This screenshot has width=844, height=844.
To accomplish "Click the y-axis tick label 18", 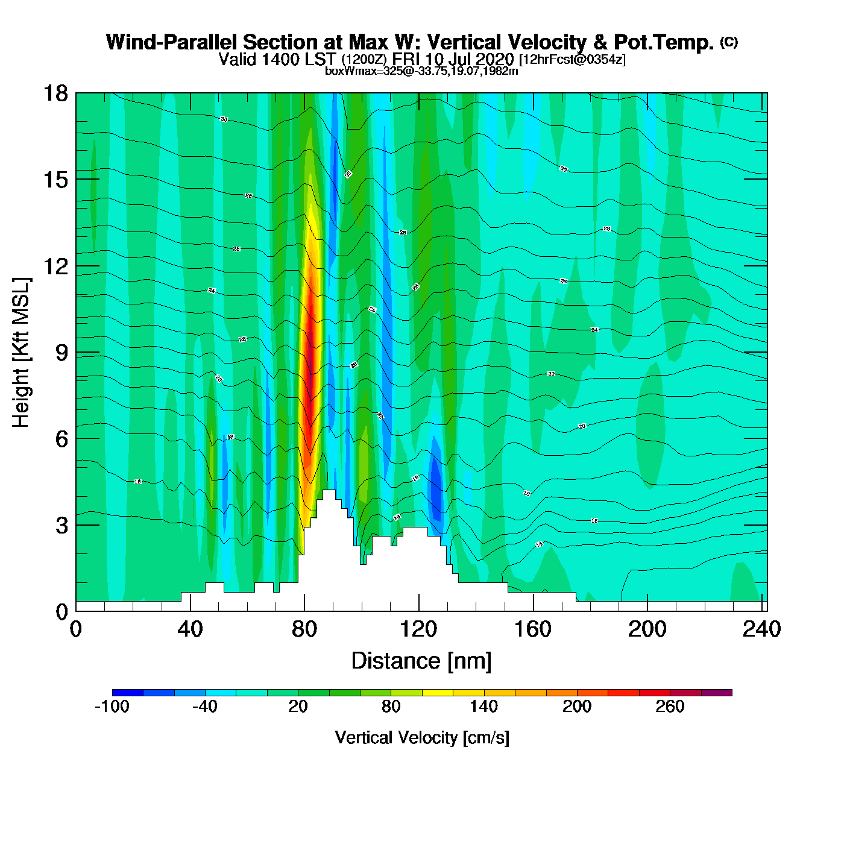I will pos(55,93).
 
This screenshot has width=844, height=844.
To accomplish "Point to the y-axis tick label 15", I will pos(55,180).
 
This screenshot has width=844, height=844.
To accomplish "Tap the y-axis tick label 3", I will pos(61,525).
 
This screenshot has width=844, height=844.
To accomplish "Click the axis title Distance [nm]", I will pos(421,661).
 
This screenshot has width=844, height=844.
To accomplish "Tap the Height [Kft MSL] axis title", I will pos(21,353).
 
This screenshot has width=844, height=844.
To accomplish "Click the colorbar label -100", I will pos(112,707).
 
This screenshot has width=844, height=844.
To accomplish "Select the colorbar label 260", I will pos(670,707).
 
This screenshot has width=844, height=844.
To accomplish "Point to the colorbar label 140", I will pos(484,707).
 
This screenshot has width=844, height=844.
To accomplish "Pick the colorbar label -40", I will pos(205,707).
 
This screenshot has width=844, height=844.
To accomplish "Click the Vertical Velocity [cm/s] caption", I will pos(422,738).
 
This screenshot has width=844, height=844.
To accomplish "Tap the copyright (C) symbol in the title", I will pos(729,42).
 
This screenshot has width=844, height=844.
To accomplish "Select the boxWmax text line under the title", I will pos(421,71).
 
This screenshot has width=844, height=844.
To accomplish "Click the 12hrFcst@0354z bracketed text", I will pos(572,60).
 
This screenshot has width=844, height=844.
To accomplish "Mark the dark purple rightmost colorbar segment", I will pos(717,693).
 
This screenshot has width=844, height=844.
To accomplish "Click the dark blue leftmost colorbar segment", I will pos(128,693).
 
